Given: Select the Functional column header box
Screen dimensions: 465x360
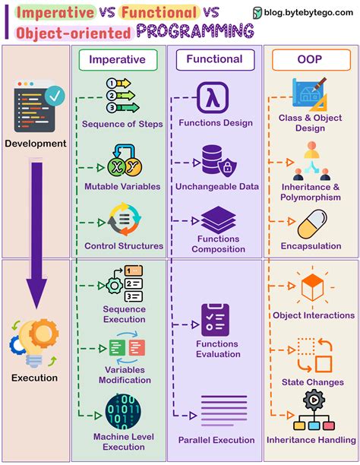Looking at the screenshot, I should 214,59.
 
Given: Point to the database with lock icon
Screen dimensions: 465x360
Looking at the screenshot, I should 216,160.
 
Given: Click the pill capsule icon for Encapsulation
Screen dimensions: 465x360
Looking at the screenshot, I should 310,225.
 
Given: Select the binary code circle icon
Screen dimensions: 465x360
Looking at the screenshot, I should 122,411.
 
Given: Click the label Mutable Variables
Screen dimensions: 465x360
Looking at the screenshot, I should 122,186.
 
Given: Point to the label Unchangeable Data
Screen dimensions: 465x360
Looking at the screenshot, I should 218,186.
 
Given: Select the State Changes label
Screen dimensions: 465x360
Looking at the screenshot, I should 313,381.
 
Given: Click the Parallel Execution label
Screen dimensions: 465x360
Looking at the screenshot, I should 216,440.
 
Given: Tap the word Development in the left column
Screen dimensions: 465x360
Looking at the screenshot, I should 35,143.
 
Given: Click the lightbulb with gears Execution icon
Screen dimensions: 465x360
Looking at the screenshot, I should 34,340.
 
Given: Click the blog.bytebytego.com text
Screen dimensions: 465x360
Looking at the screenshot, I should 308,12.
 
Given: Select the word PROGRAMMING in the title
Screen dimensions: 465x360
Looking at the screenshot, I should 195,31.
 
